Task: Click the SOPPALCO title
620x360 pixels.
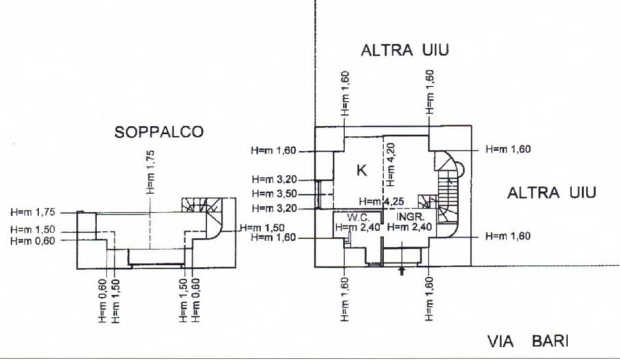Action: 159,132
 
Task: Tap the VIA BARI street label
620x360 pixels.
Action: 528,341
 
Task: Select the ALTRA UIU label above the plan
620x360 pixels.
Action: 405,51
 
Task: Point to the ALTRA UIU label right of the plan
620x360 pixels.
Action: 552,193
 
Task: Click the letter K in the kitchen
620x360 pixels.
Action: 362,170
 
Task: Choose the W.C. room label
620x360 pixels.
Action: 358,217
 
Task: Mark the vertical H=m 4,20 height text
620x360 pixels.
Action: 391,165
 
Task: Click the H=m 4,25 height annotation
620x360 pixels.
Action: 381,202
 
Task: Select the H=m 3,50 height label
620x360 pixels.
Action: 274,194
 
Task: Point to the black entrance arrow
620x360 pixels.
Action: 402,271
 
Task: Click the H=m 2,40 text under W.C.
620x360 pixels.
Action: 358,227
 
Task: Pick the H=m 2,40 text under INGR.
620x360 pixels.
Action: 409,227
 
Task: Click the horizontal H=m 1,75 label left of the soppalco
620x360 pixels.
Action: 33,212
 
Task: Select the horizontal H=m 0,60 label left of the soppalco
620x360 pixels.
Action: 33,240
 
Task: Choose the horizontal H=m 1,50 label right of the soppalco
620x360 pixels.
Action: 262,227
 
